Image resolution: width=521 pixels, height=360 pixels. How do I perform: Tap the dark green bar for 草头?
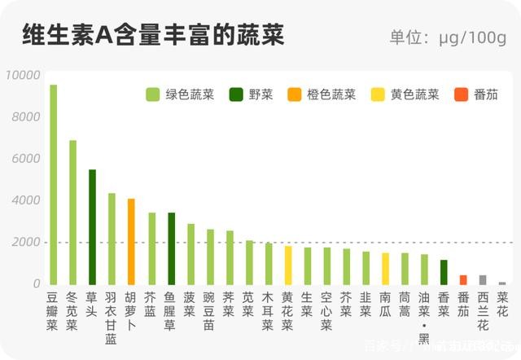pos(92,227)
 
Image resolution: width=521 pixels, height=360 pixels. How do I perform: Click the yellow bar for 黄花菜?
pos(287,265)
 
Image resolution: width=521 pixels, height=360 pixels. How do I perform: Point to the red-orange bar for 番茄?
pos(463,279)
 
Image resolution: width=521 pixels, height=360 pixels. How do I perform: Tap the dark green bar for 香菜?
pos(444,272)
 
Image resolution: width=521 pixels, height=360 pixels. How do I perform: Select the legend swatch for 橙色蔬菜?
pos(295,94)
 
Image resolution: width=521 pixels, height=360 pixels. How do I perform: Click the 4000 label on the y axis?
pos(25,200)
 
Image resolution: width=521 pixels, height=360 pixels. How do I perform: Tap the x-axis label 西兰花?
pos(483,311)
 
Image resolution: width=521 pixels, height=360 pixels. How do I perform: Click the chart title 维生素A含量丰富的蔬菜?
pos(153,35)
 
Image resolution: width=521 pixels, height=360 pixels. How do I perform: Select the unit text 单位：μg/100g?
pos(448,37)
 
